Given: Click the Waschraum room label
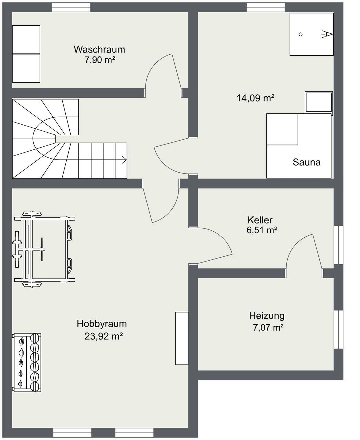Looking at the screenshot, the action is coord(99,49).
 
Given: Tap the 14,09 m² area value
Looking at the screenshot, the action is coord(255,98).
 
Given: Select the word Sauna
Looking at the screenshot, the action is coord(307,162).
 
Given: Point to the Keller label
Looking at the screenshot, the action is coord(260,220).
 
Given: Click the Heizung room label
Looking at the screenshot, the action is coord(267,315).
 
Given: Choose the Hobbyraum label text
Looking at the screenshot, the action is coord(102,323).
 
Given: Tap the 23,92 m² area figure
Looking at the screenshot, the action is coord(104,336).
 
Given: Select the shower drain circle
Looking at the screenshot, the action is coord(300,34).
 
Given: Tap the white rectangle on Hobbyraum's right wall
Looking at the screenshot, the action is coord(182,338).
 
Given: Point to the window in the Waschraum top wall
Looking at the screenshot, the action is coord(71,7).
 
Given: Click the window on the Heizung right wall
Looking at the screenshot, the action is coord(338,329).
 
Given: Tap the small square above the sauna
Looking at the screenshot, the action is coord(319,102).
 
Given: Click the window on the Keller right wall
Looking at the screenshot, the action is coord(338,245).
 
